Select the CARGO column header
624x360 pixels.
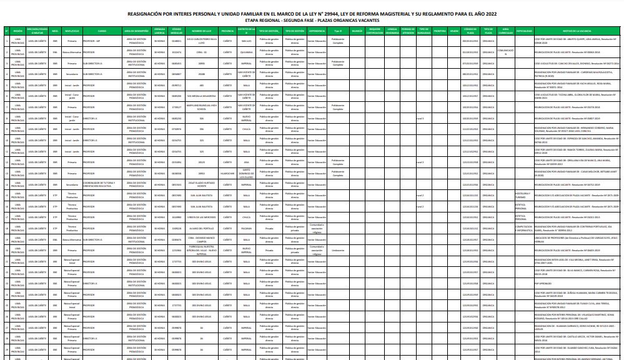(102, 31)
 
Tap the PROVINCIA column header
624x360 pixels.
(227, 31)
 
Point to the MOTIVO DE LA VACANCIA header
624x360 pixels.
(575, 31)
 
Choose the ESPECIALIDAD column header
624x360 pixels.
(523, 31)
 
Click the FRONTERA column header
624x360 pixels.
(439, 31)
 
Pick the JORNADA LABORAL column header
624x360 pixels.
(160, 31)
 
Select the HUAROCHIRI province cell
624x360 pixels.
(227, 173)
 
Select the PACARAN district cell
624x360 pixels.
(246, 228)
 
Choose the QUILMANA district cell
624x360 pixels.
(246, 53)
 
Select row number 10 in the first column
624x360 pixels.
(6, 141)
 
